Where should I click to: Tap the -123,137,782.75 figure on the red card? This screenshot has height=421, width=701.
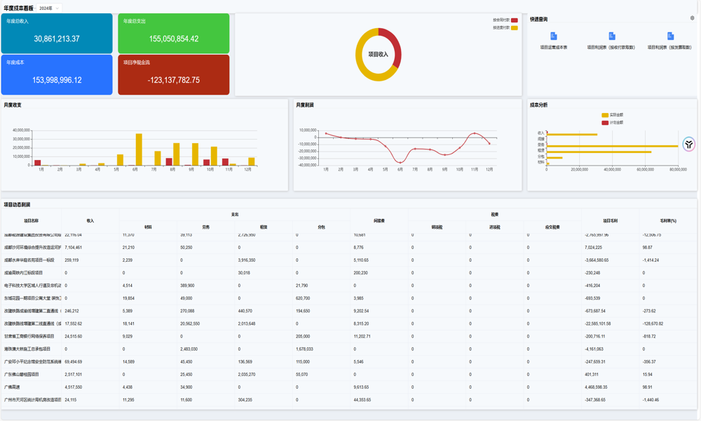click(x=173, y=80)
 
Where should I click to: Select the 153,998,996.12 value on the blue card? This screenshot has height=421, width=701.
click(x=57, y=80)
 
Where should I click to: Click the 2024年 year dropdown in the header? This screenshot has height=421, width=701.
click(x=48, y=8)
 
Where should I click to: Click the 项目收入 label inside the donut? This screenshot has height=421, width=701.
click(x=378, y=54)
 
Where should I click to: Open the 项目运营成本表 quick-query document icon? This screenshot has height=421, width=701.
click(x=554, y=36)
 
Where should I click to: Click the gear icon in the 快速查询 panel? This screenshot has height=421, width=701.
click(x=692, y=18)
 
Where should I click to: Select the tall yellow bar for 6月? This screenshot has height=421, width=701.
click(x=139, y=149)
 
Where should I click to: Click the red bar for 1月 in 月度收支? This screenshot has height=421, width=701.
click(x=38, y=163)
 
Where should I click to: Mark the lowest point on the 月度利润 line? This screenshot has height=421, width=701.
click(x=400, y=161)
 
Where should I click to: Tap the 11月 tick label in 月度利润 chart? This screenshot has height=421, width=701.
click(x=475, y=169)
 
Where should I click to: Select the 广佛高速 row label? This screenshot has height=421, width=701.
click(x=13, y=387)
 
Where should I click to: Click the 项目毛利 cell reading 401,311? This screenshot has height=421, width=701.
click(x=596, y=374)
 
